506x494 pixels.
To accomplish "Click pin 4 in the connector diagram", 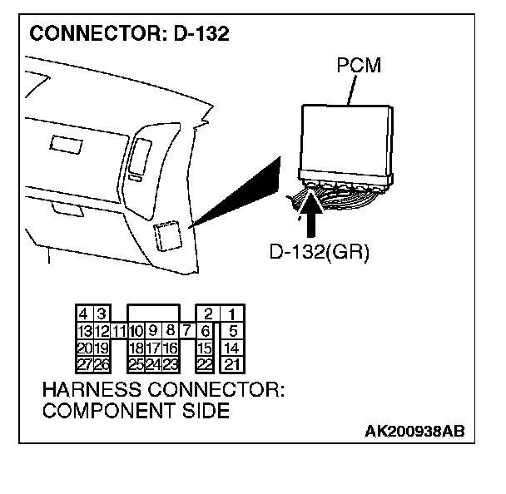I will pos(84,314).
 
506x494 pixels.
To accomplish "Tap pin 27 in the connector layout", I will pos(84,364).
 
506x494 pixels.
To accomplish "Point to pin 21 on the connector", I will pos(233,364).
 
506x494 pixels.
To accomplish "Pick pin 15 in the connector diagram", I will pos(205,348).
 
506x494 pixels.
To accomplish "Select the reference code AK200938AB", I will pos(414,432).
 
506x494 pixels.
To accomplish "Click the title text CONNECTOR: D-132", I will pos(129,35).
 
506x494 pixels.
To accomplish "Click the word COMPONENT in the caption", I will pos(102,411).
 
